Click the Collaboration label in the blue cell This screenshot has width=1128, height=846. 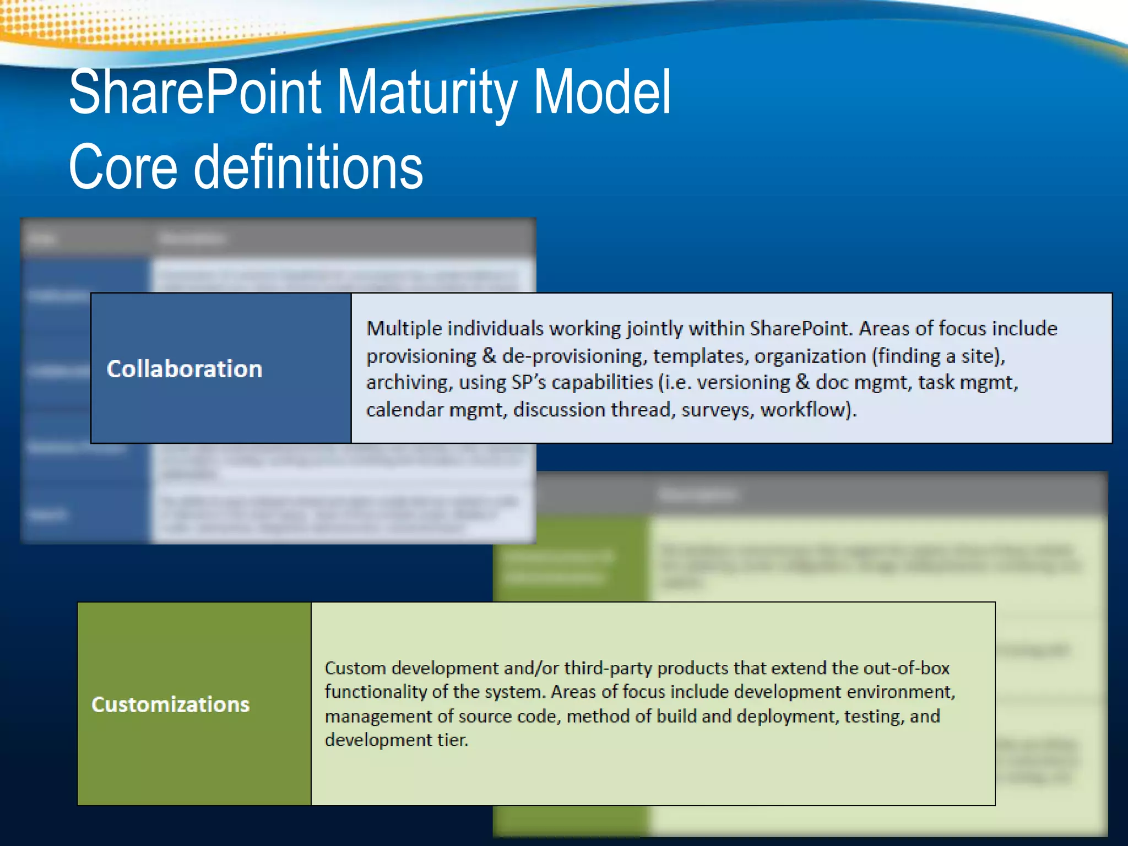(185, 369)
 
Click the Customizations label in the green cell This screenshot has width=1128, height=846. (171, 704)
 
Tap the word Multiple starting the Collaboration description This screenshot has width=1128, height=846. (404, 329)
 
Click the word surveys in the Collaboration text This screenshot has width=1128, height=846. (718, 410)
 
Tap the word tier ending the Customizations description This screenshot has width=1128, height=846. (452, 740)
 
